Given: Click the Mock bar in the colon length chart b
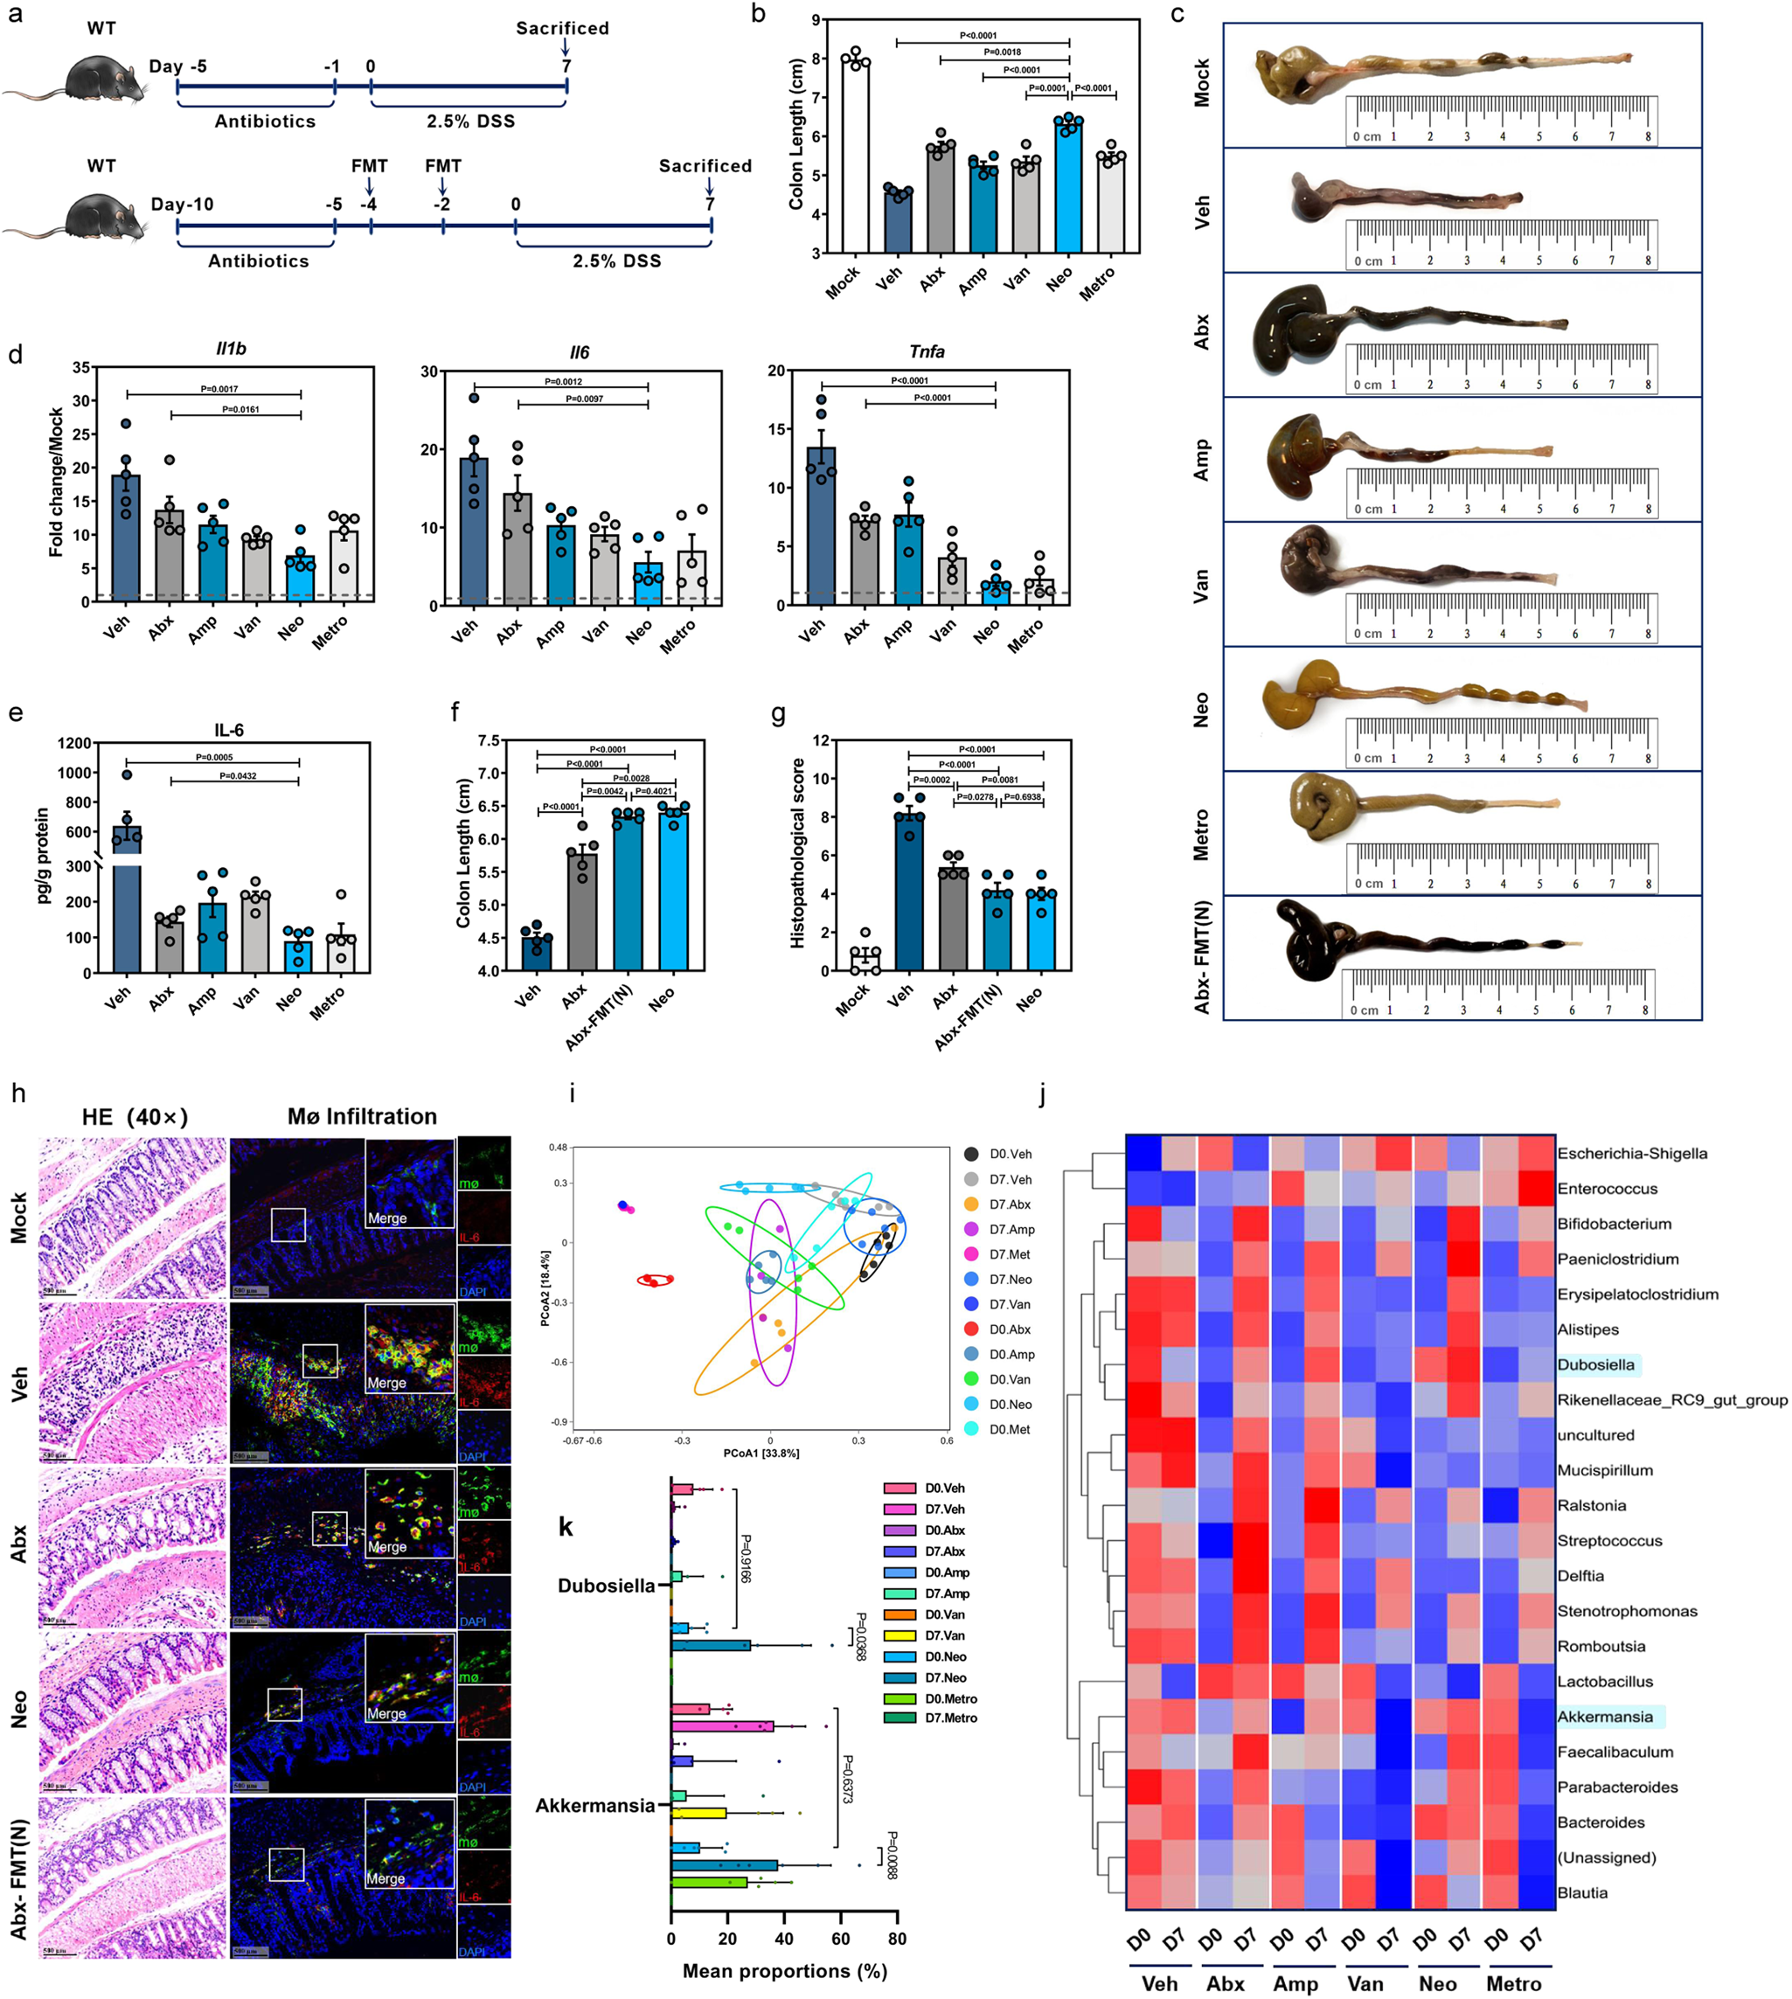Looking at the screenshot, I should pyautogui.click(x=855, y=157).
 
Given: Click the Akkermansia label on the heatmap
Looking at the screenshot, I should pyautogui.click(x=1605, y=1718).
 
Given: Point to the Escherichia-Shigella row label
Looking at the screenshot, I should pyautogui.click(x=1631, y=1153).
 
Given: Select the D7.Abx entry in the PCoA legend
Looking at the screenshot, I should pyautogui.click(x=1011, y=1204).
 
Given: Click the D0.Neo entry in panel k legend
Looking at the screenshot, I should pyautogui.click(x=944, y=1657).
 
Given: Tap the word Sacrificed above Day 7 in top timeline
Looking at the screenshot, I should pyautogui.click(x=562, y=28).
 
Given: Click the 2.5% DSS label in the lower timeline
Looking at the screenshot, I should pyautogui.click(x=616, y=261).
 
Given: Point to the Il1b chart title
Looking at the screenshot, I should pyautogui.click(x=231, y=349).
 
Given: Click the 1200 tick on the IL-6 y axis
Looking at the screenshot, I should pyautogui.click(x=75, y=744).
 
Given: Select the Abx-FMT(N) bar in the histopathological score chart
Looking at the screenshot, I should pyautogui.click(x=997, y=932).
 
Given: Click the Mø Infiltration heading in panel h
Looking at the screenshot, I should pyautogui.click(x=363, y=1117).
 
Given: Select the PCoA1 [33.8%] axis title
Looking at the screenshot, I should pyautogui.click(x=761, y=1454).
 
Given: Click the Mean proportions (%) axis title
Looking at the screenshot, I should pyautogui.click(x=785, y=1969).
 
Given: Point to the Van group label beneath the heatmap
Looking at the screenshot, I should pyautogui.click(x=1365, y=1983).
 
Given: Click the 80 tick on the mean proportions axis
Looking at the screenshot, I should pyautogui.click(x=896, y=1939).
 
